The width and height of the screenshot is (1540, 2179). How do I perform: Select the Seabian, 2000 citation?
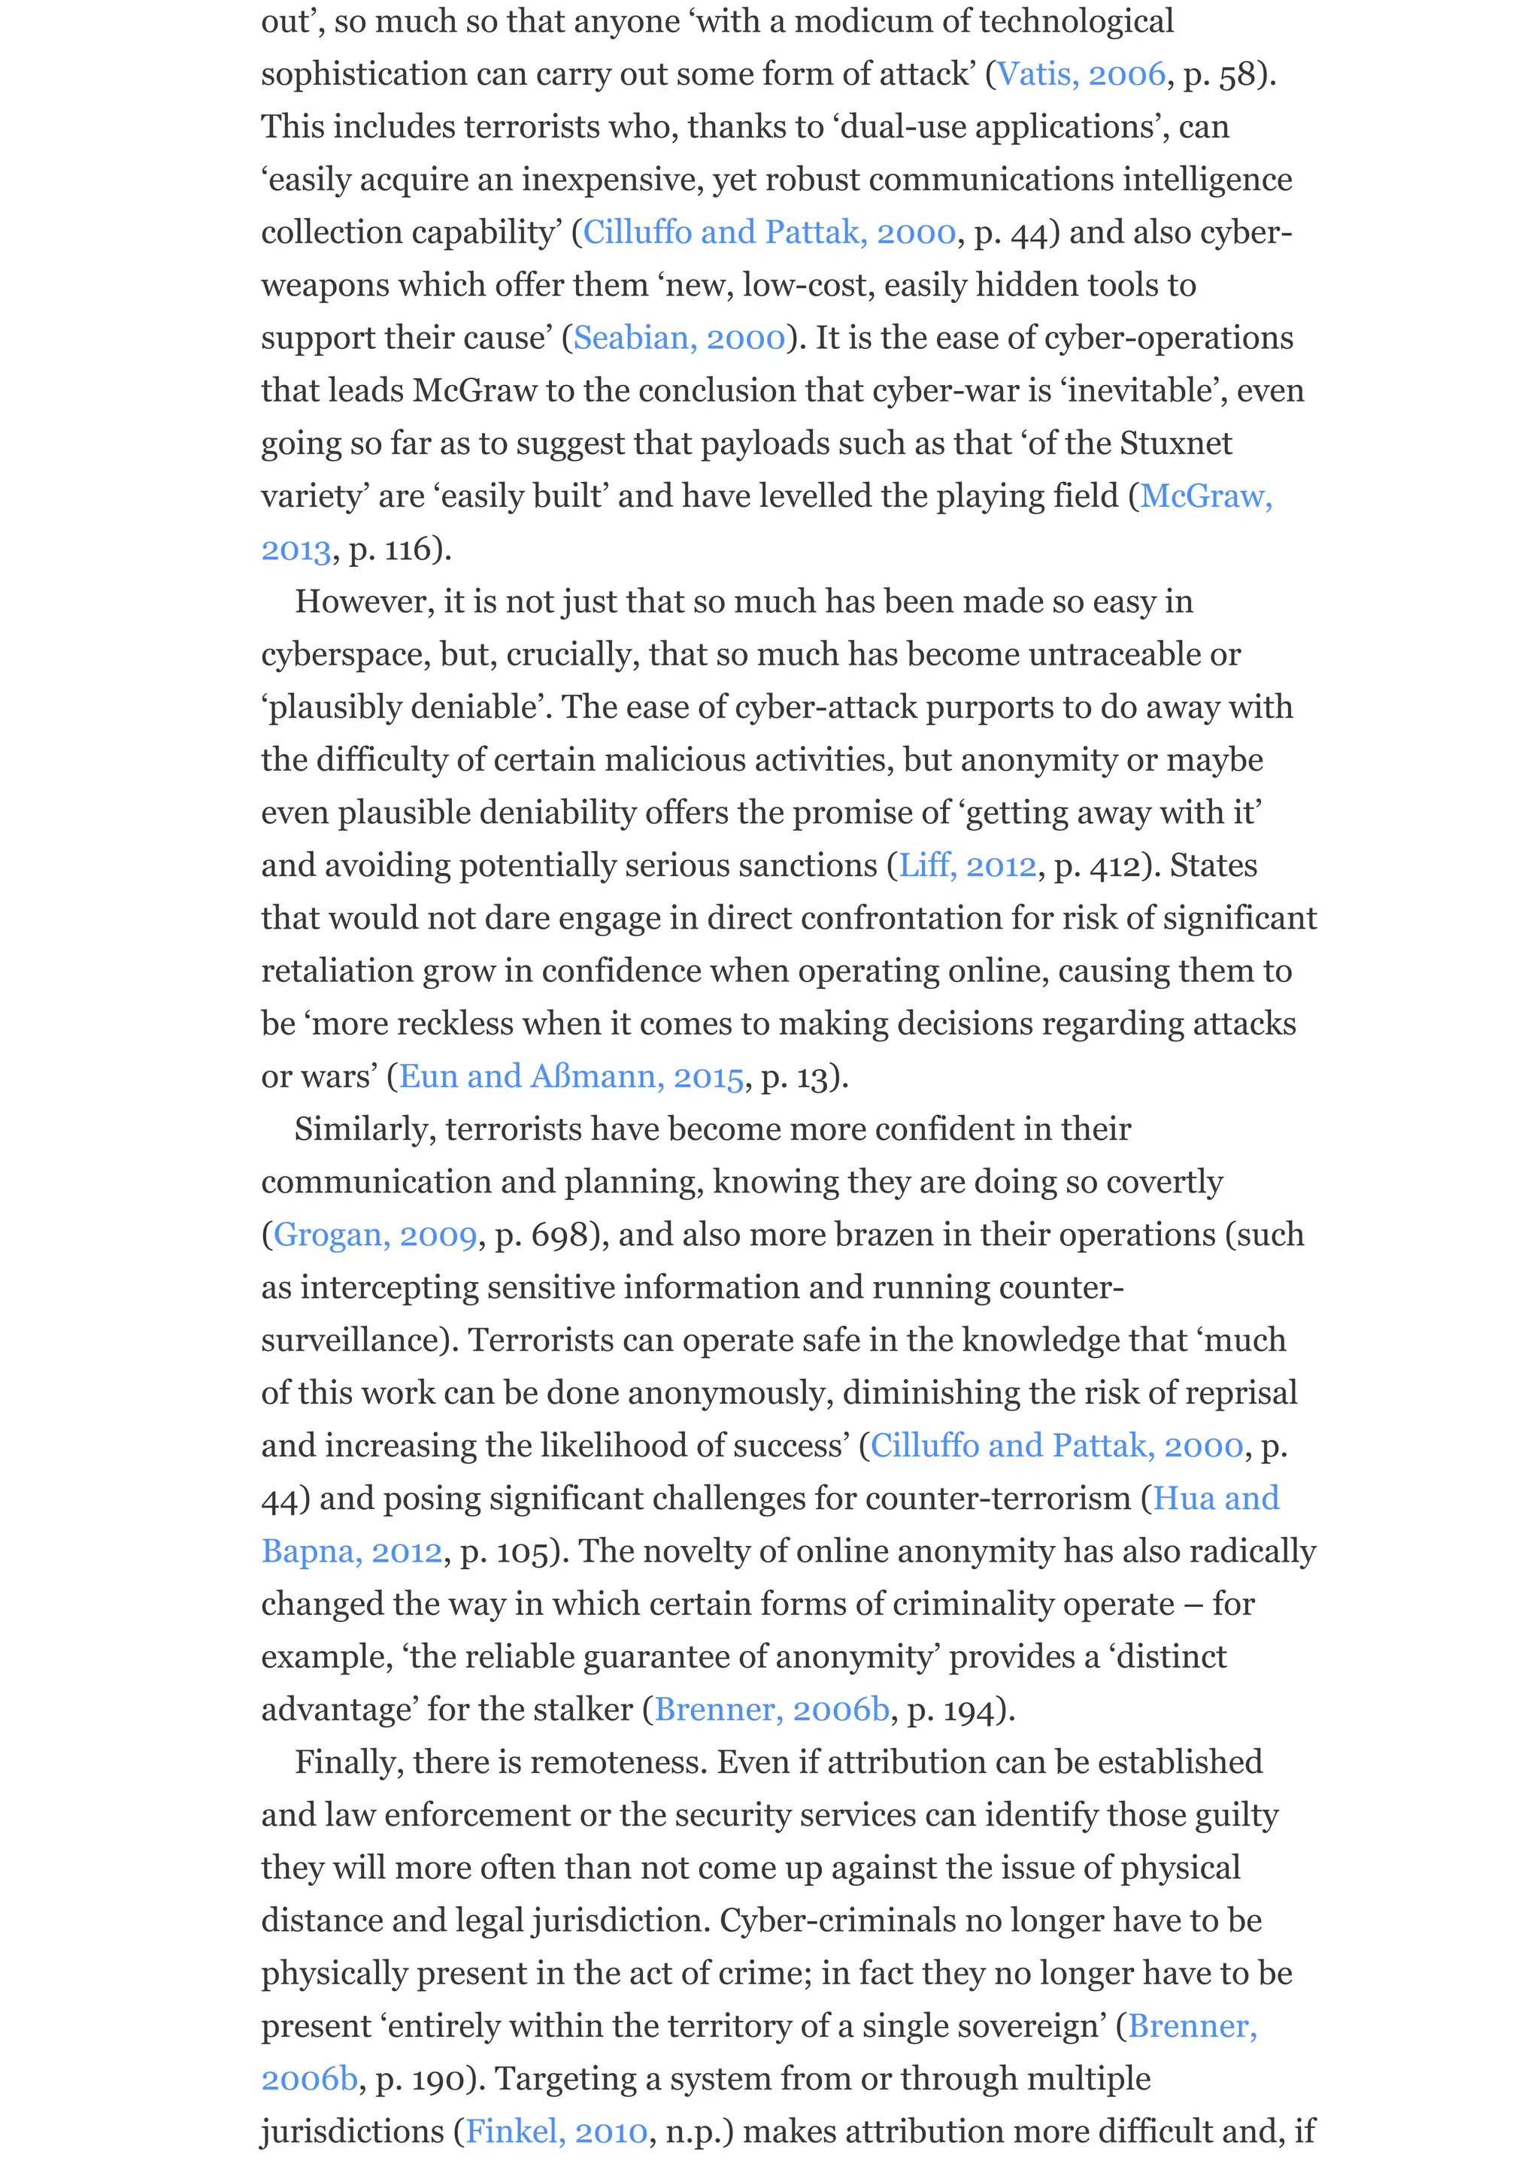[x=679, y=338]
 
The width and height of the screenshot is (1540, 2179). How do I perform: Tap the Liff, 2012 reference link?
[x=967, y=865]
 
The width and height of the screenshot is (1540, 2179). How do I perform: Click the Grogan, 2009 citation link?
[x=374, y=1235]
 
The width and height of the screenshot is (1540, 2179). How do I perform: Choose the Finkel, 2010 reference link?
[x=556, y=2132]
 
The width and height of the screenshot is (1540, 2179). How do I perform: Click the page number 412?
[x=1108, y=865]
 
